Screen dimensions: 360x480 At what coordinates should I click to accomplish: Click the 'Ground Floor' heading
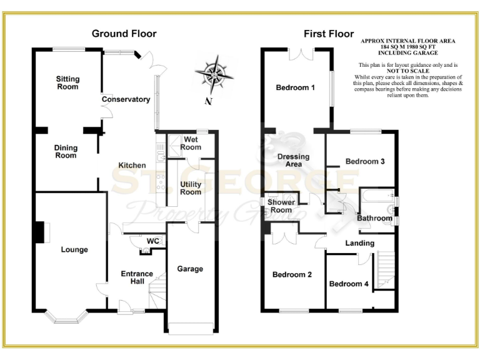(124, 33)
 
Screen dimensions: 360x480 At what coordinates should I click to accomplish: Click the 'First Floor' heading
(329, 34)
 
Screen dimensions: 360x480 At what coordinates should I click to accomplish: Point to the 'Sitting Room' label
(67, 82)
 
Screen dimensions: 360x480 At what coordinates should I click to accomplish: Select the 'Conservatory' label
(126, 99)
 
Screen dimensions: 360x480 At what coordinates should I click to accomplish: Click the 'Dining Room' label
(66, 152)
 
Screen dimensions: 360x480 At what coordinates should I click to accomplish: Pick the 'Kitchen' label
(132, 165)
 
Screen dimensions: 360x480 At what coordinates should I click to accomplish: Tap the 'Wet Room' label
(191, 143)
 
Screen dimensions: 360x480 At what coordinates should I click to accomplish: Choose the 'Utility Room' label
(191, 188)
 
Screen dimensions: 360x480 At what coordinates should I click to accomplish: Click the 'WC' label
(152, 241)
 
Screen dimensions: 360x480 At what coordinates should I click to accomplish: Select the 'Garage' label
(190, 269)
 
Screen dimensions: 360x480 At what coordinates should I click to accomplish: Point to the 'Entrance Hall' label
(136, 277)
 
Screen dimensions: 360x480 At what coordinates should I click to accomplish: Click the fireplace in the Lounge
(41, 232)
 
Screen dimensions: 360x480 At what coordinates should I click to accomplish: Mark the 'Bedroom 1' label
(295, 87)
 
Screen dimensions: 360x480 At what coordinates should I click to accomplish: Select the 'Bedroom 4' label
(349, 284)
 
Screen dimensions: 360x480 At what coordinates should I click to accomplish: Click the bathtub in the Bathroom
(377, 199)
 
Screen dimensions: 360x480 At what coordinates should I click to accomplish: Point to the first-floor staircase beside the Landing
(382, 269)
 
